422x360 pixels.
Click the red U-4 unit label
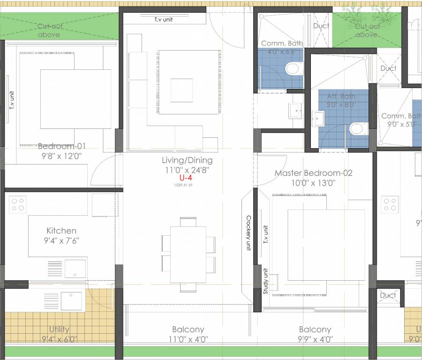click(x=186, y=178)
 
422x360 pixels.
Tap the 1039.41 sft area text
click(x=183, y=185)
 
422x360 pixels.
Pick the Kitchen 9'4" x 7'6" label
click(x=61, y=235)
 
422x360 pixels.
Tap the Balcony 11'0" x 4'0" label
click(x=188, y=334)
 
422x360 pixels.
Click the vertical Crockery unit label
click(x=249, y=233)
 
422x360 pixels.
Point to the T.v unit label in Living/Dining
click(x=164, y=20)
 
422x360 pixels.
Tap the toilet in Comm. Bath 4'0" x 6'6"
click(x=292, y=70)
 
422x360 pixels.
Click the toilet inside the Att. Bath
click(x=356, y=128)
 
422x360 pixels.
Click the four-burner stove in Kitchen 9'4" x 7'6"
click(x=18, y=204)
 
